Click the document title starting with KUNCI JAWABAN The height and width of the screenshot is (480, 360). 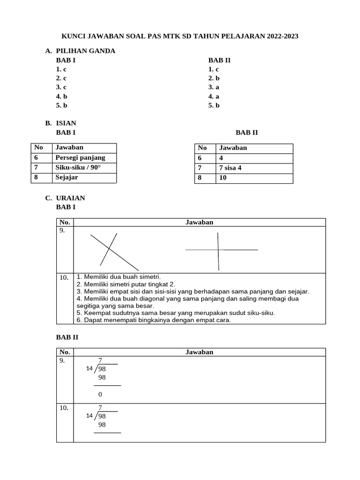180,36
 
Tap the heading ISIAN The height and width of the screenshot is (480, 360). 66,123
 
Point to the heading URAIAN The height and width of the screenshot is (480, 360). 70,198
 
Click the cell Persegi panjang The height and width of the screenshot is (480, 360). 80,158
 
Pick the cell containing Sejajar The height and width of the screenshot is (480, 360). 67,178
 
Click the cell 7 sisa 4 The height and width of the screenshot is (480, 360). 230,168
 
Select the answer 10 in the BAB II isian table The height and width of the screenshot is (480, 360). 223,178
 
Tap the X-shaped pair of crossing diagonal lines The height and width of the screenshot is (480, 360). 111,249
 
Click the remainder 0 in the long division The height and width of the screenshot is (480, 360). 100,394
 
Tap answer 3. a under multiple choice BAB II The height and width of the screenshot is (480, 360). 214,87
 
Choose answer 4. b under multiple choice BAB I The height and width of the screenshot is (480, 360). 61,96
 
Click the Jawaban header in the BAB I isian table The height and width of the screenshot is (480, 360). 69,148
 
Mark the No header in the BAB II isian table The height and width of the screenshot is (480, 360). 202,148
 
